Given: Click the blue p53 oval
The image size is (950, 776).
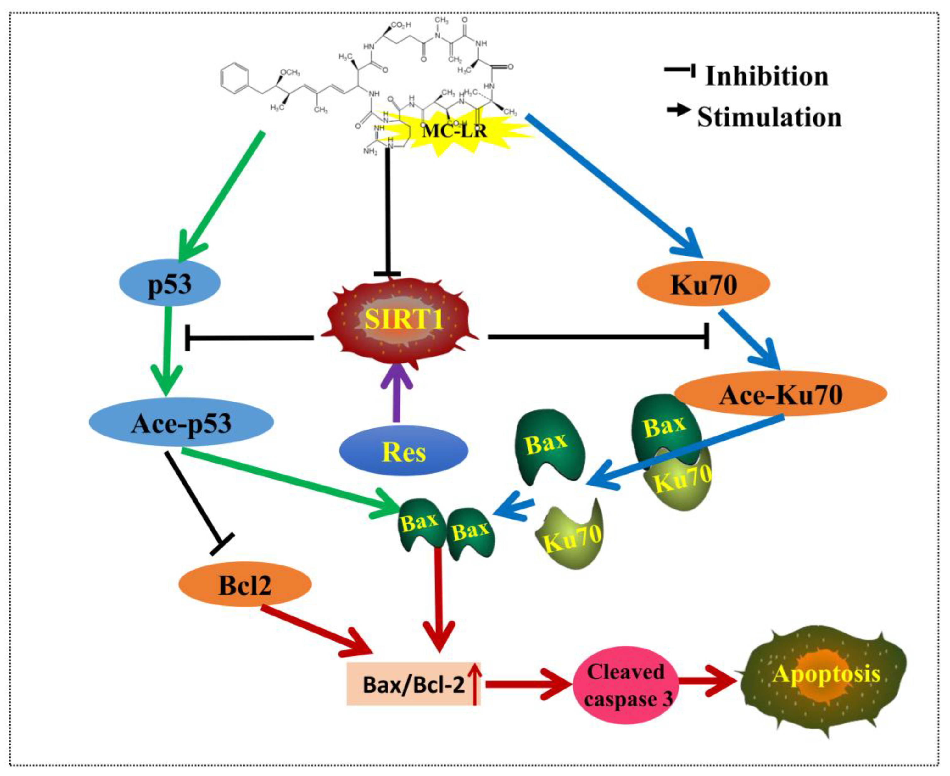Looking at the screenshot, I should point(170,284).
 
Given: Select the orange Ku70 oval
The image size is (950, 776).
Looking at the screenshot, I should point(703,284).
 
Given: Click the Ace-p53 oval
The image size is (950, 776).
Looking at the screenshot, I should point(181,422).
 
